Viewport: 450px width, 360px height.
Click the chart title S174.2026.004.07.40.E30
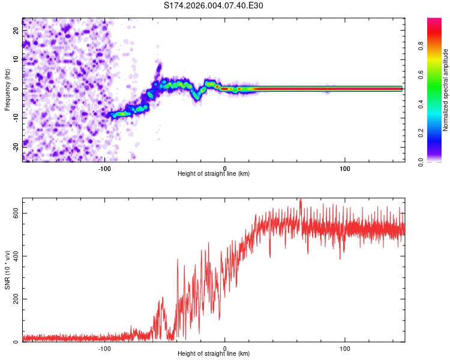pos(214,5)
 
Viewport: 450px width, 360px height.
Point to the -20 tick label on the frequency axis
pos(15,145)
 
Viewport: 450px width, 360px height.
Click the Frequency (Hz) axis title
pos(7,89)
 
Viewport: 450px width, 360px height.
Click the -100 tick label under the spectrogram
pos(104,169)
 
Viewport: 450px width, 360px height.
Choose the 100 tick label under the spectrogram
pos(345,169)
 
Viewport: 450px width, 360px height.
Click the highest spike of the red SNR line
pos(301,200)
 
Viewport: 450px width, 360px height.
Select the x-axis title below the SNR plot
pos(214,354)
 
